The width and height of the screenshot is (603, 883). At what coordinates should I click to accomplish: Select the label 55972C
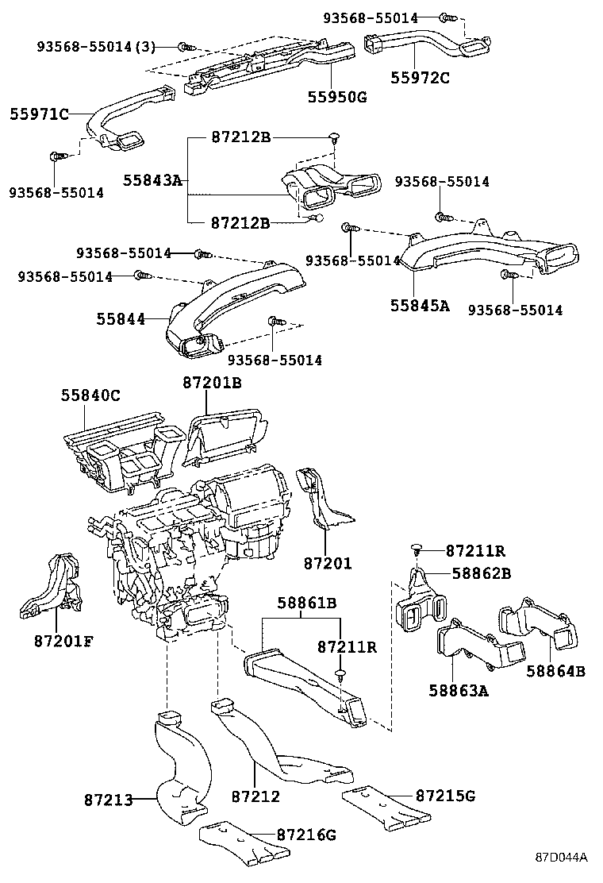tap(420, 77)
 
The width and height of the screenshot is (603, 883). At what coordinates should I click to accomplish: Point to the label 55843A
tap(152, 180)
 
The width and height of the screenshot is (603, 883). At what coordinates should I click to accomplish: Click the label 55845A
tap(419, 305)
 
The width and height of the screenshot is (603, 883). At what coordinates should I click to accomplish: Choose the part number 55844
tap(121, 318)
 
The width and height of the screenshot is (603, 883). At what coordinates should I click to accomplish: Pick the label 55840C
tap(91, 395)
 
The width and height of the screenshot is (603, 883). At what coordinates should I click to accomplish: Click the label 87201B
tap(212, 383)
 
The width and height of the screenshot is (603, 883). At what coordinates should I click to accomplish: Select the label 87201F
tap(63, 641)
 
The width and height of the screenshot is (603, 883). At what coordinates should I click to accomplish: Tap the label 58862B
tap(482, 573)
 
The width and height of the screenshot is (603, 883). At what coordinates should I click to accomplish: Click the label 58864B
tap(555, 671)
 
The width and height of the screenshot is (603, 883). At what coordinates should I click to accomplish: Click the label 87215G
tap(445, 795)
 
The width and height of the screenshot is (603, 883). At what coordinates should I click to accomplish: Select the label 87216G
tap(307, 835)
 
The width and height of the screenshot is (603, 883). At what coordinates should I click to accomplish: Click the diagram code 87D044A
tap(560, 858)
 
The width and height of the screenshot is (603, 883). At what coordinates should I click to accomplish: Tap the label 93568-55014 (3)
tap(97, 47)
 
